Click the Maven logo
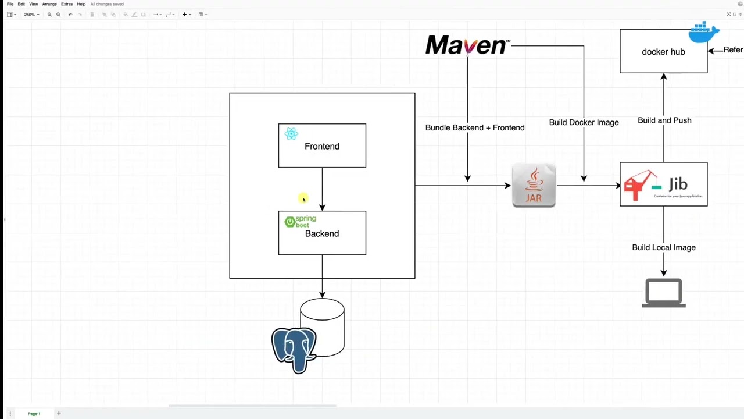(x=467, y=45)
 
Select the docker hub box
(x=663, y=58)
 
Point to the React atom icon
(x=291, y=134)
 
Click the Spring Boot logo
(x=300, y=222)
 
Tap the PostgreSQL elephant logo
(x=294, y=349)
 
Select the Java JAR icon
(x=534, y=186)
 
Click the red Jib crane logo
(x=639, y=185)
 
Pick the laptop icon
(x=664, y=293)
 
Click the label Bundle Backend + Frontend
(x=475, y=127)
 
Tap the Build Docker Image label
(x=584, y=122)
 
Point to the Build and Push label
(x=664, y=120)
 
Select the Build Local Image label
(x=664, y=247)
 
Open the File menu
(x=10, y=4)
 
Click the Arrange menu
(x=49, y=4)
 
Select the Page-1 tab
(x=34, y=414)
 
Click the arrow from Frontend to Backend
(x=322, y=189)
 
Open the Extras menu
(x=67, y=4)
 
